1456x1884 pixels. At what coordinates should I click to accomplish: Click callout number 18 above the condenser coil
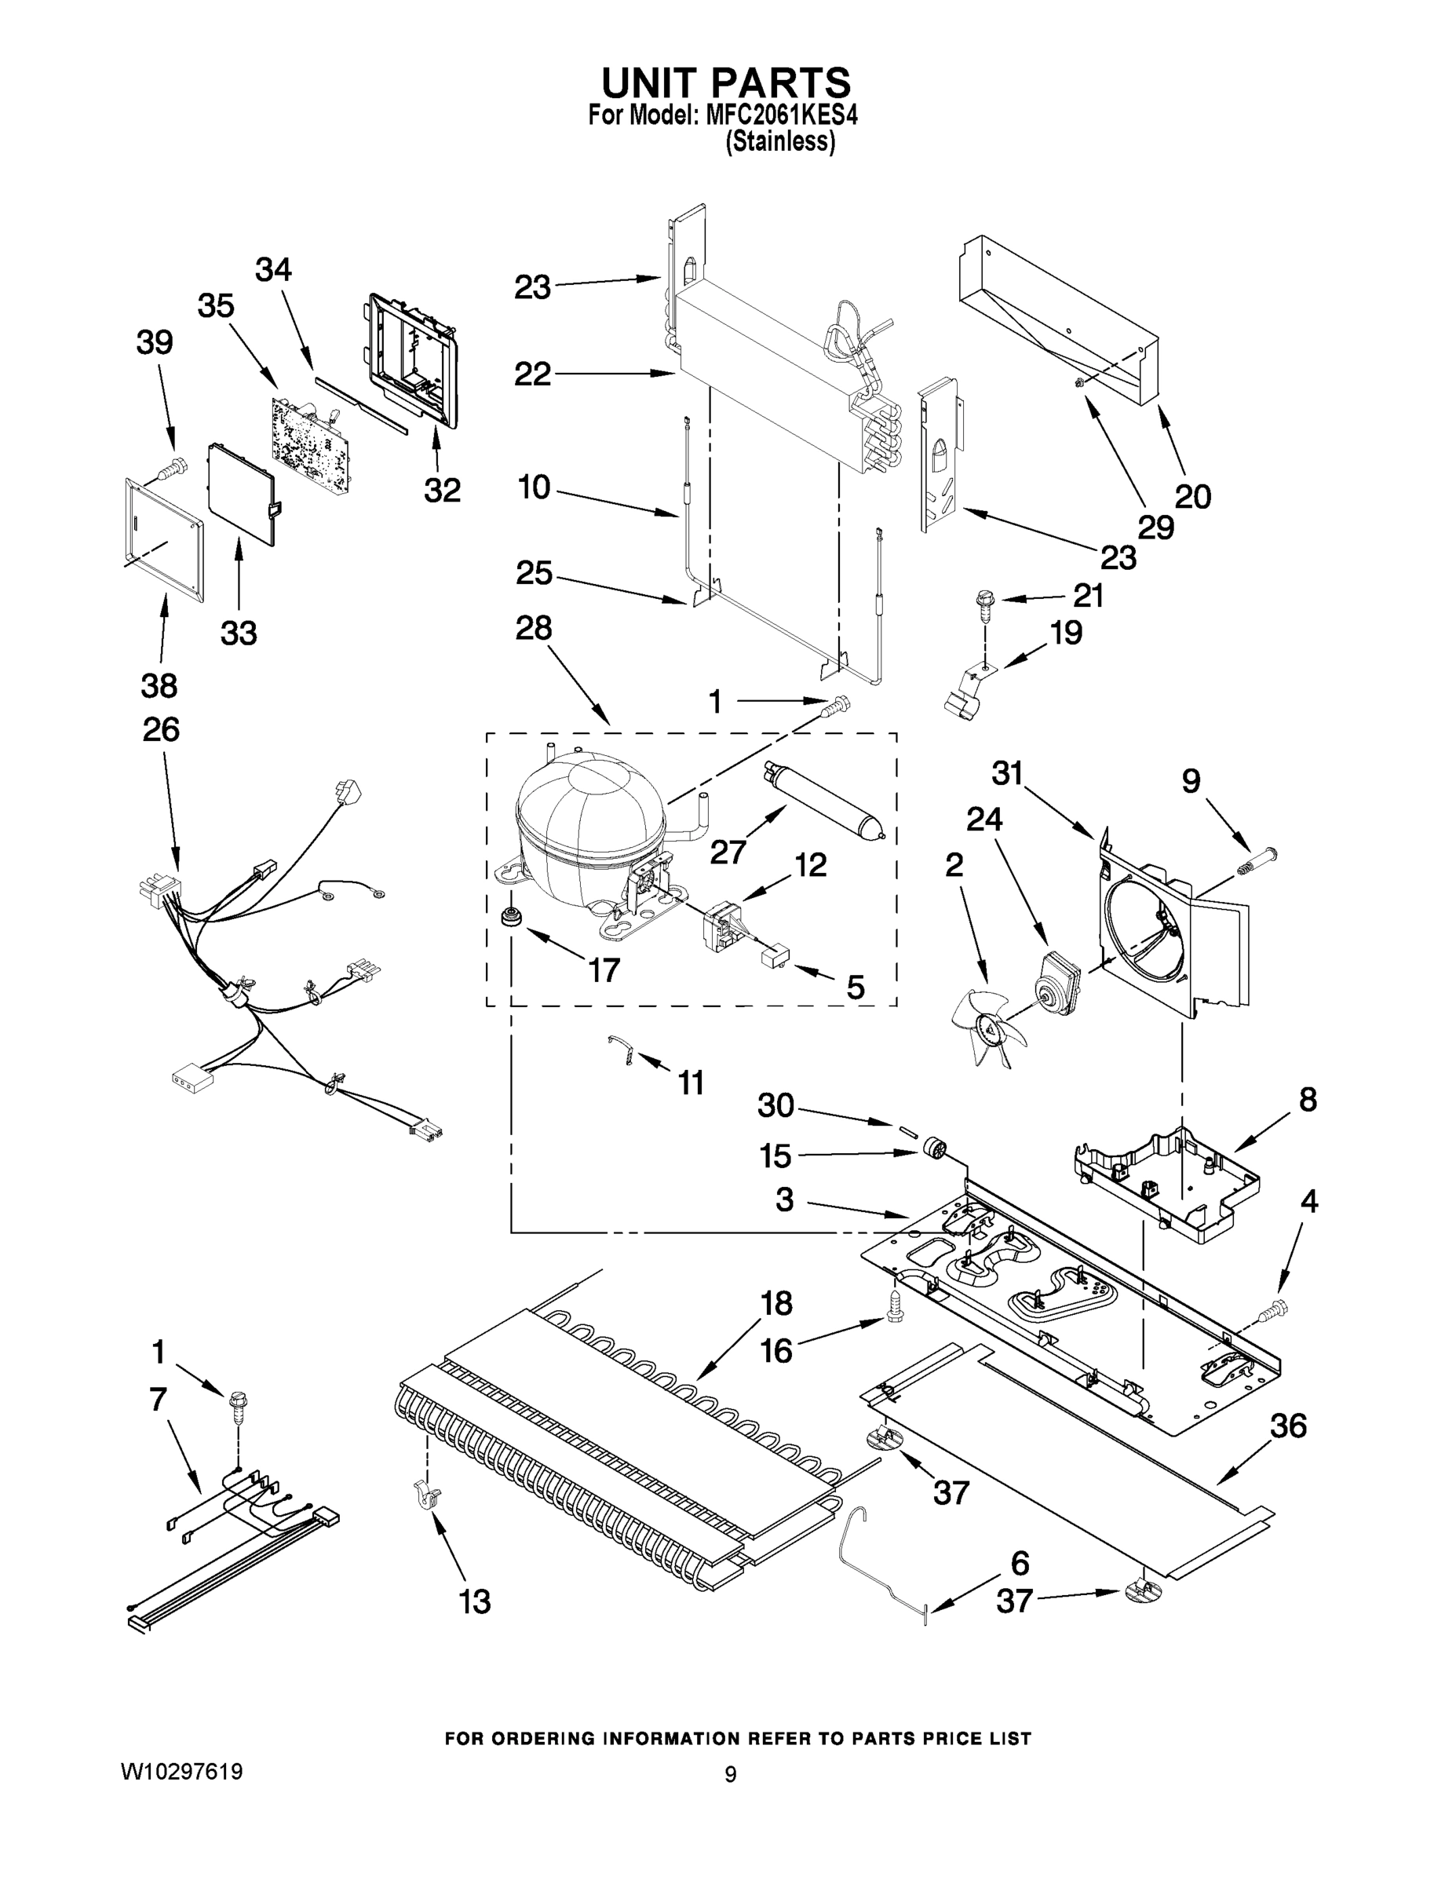coord(776,1303)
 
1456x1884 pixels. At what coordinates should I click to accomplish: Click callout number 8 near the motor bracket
coord(1308,1100)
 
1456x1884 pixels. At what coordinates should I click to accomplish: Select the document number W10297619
coord(181,1772)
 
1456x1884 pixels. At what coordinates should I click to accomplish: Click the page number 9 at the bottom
coord(730,1774)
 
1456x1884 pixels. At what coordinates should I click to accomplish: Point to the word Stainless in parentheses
coord(779,142)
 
